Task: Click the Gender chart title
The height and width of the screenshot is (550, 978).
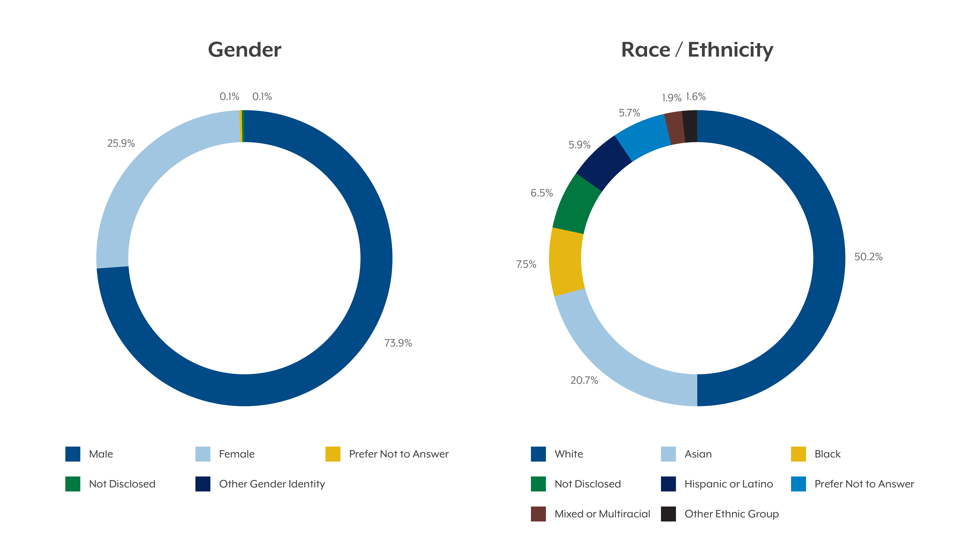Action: pyautogui.click(x=244, y=50)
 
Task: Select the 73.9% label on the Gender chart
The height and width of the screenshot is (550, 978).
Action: pyautogui.click(x=398, y=343)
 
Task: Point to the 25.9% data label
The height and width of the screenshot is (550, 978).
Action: pyautogui.click(x=121, y=143)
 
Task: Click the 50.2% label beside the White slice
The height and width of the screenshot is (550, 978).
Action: pyautogui.click(x=868, y=257)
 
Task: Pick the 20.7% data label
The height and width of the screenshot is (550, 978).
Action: pyautogui.click(x=584, y=380)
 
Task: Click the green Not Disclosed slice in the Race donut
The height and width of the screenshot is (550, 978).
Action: pyautogui.click(x=576, y=205)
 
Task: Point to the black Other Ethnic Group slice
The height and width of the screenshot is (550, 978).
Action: pyautogui.click(x=690, y=126)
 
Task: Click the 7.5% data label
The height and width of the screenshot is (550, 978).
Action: pyautogui.click(x=526, y=264)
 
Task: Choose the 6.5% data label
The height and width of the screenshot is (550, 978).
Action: pyautogui.click(x=541, y=193)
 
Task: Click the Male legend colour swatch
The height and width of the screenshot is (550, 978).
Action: pyautogui.click(x=73, y=454)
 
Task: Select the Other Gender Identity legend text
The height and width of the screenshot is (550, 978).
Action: pyautogui.click(x=272, y=484)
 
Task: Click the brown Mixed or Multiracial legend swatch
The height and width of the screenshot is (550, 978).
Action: pyautogui.click(x=538, y=514)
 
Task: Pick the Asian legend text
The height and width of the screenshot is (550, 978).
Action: pyautogui.click(x=698, y=454)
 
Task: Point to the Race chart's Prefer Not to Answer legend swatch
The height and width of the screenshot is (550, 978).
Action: pyautogui.click(x=798, y=484)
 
